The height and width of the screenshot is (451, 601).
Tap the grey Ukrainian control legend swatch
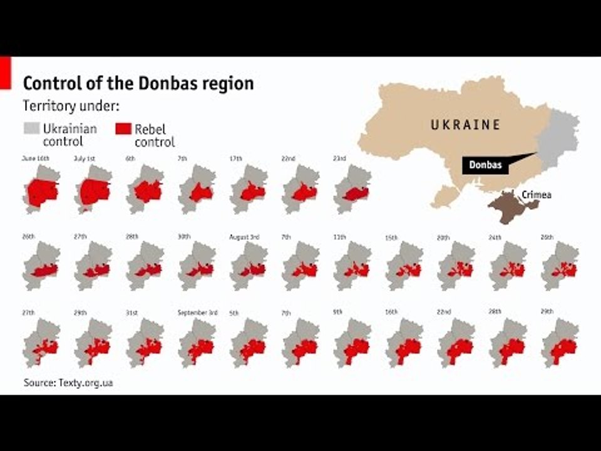click(x=31, y=128)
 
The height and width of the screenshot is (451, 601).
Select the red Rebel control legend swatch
click(x=123, y=129)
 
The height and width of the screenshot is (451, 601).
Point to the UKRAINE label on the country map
click(x=465, y=125)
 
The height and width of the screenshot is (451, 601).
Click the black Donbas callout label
click(x=485, y=165)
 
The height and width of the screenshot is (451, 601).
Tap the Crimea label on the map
click(x=537, y=195)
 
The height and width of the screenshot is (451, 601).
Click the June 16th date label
click(x=35, y=158)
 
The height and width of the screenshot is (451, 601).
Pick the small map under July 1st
click(x=94, y=189)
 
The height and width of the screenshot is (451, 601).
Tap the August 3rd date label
click(x=244, y=237)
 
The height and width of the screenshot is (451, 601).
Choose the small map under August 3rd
click(x=249, y=266)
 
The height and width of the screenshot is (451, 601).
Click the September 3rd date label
click(x=197, y=313)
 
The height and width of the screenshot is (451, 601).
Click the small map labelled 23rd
click(x=353, y=189)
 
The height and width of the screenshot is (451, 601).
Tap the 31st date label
click(x=132, y=313)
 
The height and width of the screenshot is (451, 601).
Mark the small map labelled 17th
click(x=249, y=189)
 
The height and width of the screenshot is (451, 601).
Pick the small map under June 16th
click(x=42, y=189)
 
